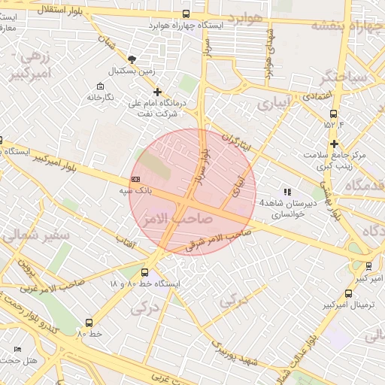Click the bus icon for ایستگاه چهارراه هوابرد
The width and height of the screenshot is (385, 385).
coord(186,14)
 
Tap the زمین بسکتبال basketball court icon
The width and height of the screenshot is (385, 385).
coord(133,59)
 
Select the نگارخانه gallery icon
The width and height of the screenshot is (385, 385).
coord(102,86)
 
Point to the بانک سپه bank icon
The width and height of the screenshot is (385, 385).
coord(135,179)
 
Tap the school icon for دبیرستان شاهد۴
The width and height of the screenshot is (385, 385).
coord(287,192)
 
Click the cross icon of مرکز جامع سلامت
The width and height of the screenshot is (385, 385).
coord(334,144)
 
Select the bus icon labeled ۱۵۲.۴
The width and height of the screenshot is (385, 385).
coord(331,112)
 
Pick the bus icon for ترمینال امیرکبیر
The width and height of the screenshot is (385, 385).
coord(347,294)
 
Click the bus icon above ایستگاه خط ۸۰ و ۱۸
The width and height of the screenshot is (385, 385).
coord(147,272)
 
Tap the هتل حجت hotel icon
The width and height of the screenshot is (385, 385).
coord(17,350)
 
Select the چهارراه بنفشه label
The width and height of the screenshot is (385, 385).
coord(345,24)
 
